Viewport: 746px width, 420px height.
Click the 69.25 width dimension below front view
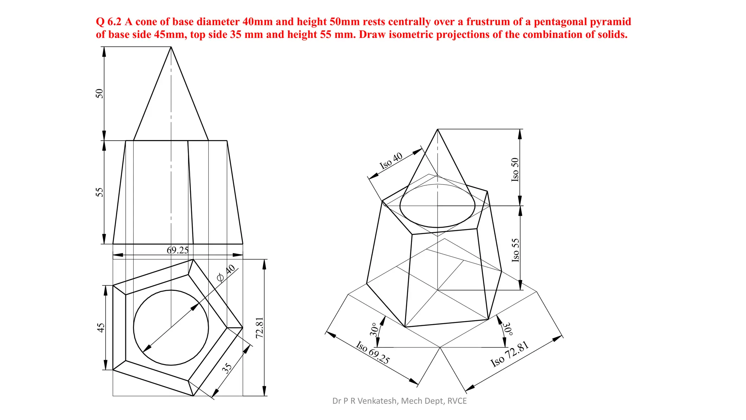pyautogui.click(x=177, y=250)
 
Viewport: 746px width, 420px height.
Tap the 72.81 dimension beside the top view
pyautogui.click(x=259, y=327)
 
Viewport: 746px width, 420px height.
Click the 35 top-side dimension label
pyautogui.click(x=227, y=368)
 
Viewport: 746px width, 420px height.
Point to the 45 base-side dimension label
pyautogui.click(x=101, y=327)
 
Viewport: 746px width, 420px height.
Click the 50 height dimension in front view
pyautogui.click(x=99, y=93)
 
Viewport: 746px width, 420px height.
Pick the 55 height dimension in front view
pyautogui.click(x=99, y=192)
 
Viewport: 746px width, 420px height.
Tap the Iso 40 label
pyautogui.click(x=391, y=160)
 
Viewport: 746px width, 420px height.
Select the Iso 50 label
pyautogui.click(x=515, y=170)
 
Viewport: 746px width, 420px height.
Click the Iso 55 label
pyautogui.click(x=515, y=250)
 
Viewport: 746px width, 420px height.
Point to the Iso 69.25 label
pyautogui.click(x=373, y=352)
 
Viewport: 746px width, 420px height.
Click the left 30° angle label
pyautogui.click(x=374, y=329)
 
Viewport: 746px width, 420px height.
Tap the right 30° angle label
pyautogui.click(x=507, y=329)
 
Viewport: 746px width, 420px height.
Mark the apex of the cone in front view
pyautogui.click(x=171, y=47)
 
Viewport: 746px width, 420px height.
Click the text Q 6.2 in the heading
pyautogui.click(x=108, y=22)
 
